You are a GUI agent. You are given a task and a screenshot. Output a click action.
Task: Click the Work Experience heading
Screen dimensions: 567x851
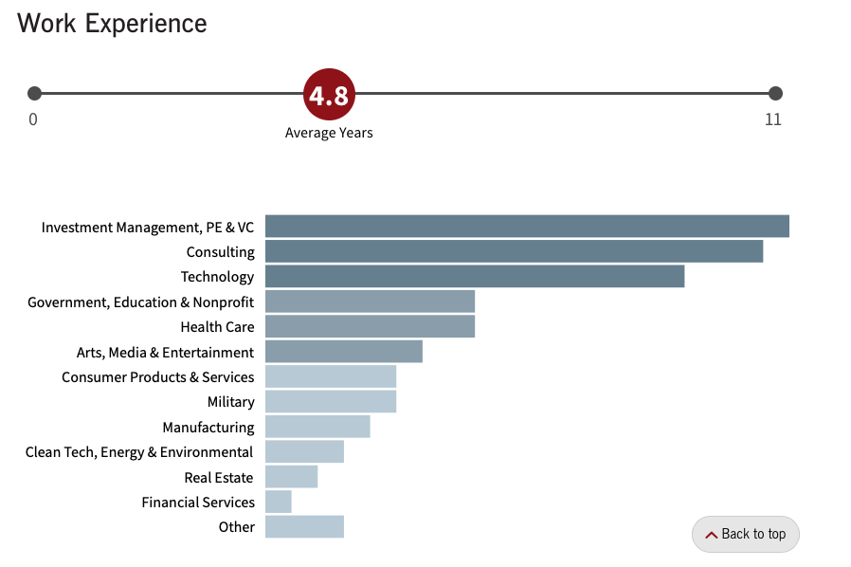(x=112, y=24)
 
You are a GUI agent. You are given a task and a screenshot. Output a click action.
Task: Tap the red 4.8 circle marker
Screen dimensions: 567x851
(x=328, y=94)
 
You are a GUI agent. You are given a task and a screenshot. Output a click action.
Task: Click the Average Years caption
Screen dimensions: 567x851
(x=329, y=133)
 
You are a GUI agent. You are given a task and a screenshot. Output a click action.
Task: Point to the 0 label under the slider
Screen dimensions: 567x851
(x=33, y=119)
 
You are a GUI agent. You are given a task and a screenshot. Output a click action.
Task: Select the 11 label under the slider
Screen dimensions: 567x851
(x=773, y=119)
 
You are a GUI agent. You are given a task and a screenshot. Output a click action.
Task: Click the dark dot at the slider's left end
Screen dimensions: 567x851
(x=35, y=93)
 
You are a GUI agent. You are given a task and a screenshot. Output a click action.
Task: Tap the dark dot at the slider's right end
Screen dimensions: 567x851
(x=775, y=93)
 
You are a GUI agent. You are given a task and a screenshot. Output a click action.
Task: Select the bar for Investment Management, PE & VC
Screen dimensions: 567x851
(x=527, y=227)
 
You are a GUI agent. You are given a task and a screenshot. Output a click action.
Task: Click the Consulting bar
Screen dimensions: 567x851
(x=514, y=251)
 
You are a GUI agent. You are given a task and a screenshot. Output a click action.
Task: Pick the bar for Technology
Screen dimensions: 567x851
(x=474, y=276)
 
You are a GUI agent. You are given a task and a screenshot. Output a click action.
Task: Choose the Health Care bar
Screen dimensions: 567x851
(x=370, y=326)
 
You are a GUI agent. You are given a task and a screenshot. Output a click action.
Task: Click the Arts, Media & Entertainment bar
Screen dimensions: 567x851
(x=343, y=352)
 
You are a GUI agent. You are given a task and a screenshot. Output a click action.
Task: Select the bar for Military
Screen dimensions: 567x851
(x=330, y=402)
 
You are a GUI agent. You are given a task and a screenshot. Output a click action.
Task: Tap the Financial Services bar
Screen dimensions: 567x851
(x=278, y=502)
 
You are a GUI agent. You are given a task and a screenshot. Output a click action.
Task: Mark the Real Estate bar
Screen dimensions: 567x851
(x=291, y=476)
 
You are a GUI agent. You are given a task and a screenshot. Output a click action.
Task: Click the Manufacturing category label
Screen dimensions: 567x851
(x=208, y=428)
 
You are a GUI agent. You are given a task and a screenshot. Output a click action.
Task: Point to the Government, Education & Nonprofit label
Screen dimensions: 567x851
(x=141, y=302)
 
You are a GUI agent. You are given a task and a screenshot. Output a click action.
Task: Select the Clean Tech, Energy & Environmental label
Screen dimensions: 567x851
(x=139, y=452)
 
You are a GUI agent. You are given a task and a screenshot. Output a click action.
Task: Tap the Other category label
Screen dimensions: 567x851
(x=237, y=527)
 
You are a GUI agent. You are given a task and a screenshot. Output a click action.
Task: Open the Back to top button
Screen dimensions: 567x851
(x=746, y=534)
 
